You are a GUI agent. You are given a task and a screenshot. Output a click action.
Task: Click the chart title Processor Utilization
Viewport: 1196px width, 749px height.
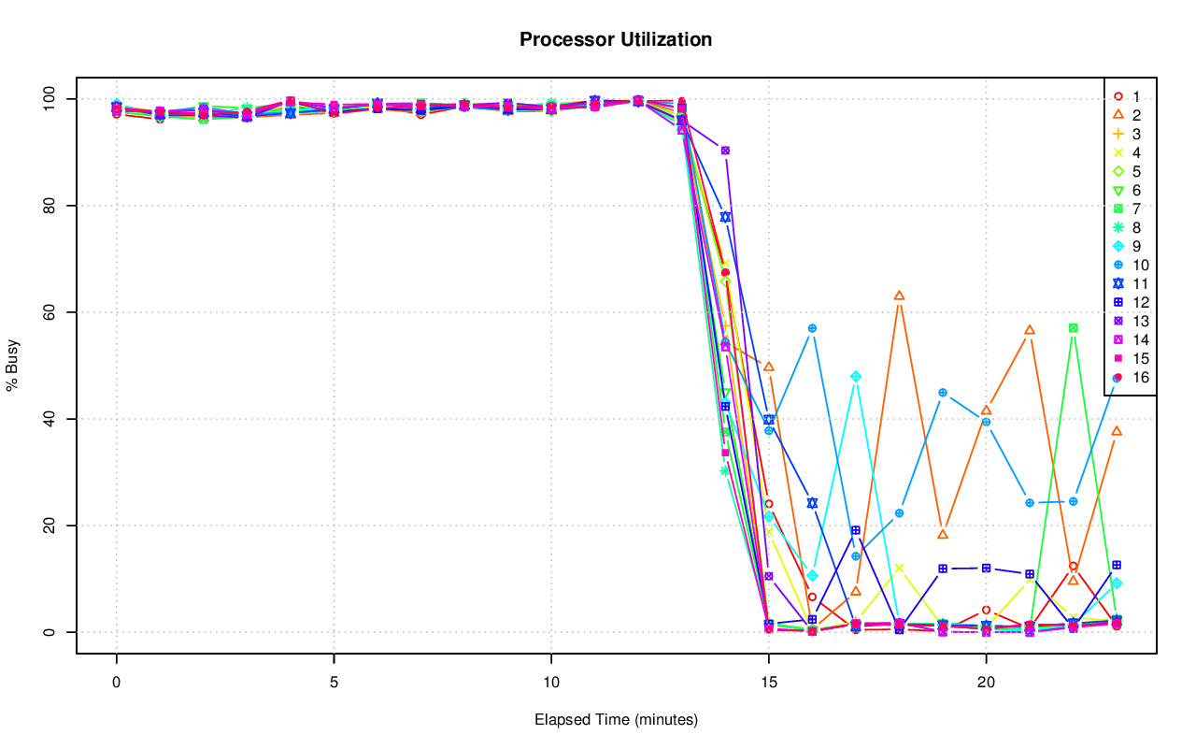616,39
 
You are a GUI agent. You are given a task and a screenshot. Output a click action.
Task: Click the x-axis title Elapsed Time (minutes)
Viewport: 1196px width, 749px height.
616,720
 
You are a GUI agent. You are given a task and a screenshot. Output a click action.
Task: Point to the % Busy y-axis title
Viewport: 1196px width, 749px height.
13,366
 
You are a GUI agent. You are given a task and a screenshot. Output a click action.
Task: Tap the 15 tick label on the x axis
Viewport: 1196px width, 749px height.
768,684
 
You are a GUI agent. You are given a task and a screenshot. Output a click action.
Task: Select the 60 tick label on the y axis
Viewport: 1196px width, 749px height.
50,312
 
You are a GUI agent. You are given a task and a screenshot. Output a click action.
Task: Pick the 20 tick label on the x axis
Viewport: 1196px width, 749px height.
986,684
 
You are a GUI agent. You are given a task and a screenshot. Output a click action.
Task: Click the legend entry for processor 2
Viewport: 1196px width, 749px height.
1126,115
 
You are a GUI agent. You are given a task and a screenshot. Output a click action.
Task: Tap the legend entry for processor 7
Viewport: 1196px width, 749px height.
1126,209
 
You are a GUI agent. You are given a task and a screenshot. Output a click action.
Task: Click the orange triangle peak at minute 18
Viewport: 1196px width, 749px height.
899,295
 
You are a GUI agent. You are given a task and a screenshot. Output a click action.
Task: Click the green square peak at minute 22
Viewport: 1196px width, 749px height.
1074,328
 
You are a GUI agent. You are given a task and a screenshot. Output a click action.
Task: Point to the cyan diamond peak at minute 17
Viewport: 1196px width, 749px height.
856,376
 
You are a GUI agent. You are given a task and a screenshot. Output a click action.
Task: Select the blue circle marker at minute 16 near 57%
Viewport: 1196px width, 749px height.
812,328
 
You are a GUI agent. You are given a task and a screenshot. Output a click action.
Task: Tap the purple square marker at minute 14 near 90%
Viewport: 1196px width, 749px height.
725,150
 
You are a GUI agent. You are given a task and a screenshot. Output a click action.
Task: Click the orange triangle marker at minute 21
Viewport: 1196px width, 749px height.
1030,330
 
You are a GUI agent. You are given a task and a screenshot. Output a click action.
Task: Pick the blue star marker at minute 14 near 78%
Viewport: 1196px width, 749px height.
725,217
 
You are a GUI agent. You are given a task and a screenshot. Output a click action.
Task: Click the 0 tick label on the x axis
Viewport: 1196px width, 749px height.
116,684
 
